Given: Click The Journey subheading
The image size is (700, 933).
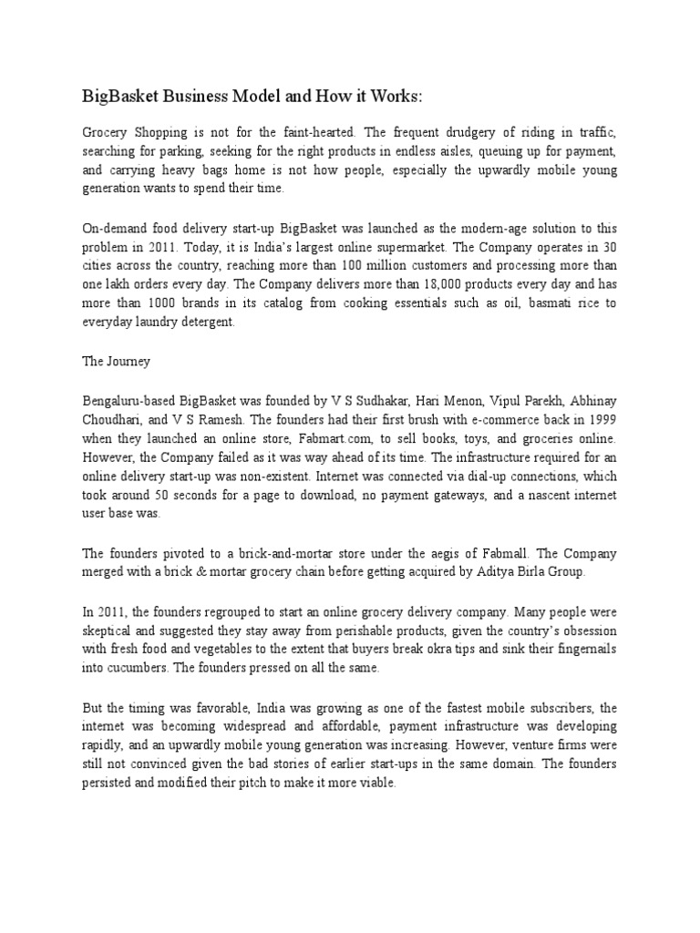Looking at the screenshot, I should [117, 361].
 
